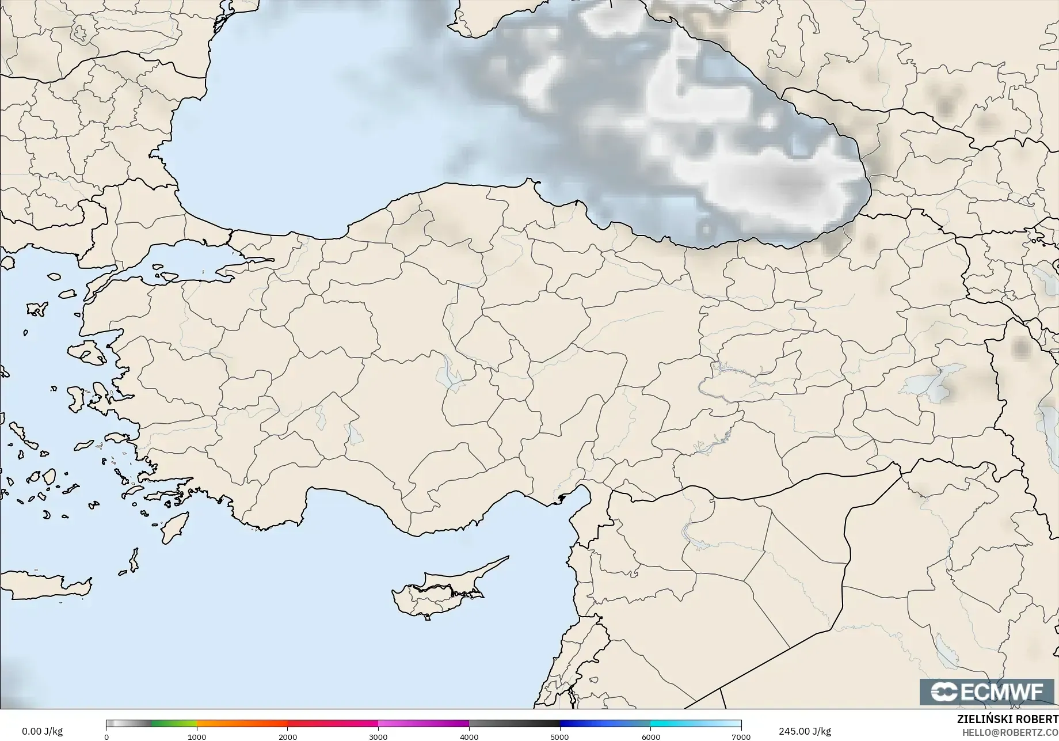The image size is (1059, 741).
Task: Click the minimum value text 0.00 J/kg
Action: coord(42,731)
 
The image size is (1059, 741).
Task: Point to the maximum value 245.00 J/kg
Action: coord(805,731)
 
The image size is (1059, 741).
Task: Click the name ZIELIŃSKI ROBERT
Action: coord(1007,719)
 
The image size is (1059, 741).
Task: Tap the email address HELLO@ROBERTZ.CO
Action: coord(1007,731)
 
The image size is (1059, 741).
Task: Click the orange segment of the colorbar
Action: coord(242,724)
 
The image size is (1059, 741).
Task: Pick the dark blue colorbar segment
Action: coord(604,724)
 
